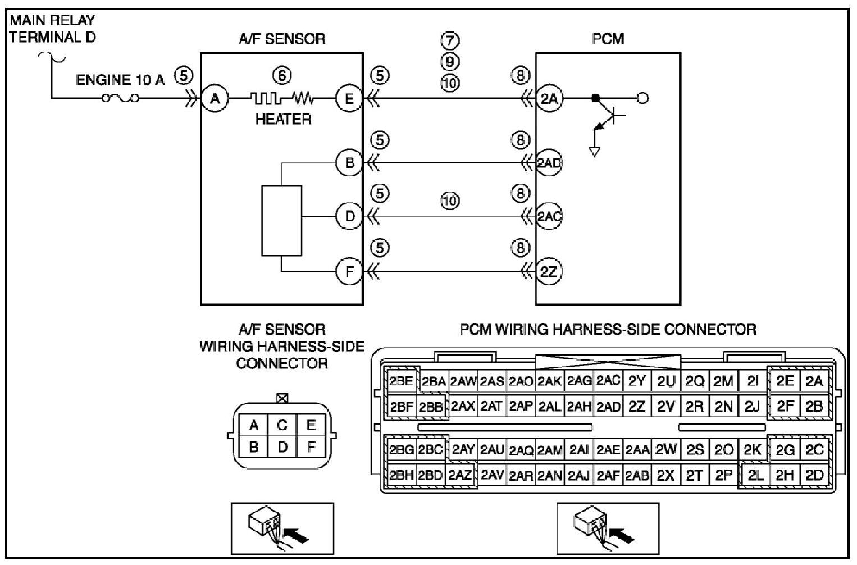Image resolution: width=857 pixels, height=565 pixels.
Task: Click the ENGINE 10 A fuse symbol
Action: point(121,98)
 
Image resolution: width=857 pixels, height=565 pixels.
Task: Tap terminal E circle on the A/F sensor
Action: point(349,99)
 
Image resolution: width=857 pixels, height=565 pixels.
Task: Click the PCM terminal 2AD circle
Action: point(549,162)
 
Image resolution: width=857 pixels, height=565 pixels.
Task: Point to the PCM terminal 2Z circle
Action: point(549,272)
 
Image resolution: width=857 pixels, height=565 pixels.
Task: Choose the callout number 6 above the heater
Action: point(282,75)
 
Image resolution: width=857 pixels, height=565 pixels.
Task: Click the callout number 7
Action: point(450,40)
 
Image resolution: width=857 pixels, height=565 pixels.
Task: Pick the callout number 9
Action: point(450,62)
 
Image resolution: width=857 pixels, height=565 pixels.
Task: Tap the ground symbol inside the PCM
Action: point(594,152)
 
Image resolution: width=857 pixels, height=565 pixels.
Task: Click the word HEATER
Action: point(283,120)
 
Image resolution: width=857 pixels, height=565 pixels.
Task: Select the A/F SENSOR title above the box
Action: point(282,39)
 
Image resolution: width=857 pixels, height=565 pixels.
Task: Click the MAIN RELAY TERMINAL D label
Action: point(52,29)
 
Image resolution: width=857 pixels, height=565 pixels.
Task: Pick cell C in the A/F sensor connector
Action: point(282,425)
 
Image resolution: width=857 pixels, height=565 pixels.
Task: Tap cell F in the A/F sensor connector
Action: point(311,446)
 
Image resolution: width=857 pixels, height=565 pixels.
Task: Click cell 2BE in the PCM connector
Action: point(402,381)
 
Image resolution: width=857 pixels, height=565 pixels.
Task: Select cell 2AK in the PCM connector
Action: point(549,381)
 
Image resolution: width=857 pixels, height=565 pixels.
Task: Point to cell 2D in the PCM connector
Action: point(814,475)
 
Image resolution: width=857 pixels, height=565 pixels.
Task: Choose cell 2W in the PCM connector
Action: point(665,449)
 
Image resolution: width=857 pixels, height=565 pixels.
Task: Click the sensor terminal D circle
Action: point(349,217)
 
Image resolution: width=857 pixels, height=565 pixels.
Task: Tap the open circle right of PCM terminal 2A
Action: point(642,99)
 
